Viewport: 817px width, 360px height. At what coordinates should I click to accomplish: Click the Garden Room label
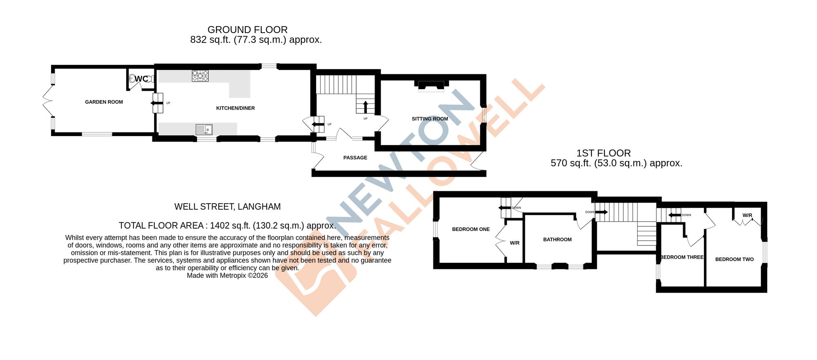pyautogui.click(x=104, y=102)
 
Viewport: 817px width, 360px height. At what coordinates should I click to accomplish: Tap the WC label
pyautogui.click(x=141, y=79)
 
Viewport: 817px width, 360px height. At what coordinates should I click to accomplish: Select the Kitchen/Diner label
pyautogui.click(x=235, y=108)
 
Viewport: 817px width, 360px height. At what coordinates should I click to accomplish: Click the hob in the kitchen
pyautogui.click(x=200, y=76)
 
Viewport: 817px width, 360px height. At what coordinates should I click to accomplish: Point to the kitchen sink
pyautogui.click(x=204, y=130)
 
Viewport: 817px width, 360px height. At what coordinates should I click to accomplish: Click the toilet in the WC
pyautogui.click(x=132, y=78)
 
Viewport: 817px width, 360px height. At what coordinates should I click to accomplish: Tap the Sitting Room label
pyautogui.click(x=430, y=119)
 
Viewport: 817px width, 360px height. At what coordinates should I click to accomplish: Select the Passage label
pyautogui.click(x=355, y=158)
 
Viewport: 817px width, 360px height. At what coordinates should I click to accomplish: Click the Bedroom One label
pyautogui.click(x=471, y=229)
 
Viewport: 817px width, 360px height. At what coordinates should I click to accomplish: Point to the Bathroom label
pyautogui.click(x=557, y=239)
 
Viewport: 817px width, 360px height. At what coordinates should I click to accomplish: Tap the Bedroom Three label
pyautogui.click(x=682, y=257)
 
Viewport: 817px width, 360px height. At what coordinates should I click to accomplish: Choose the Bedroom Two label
pyautogui.click(x=734, y=259)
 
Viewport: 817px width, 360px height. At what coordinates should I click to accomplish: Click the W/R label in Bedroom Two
pyautogui.click(x=747, y=215)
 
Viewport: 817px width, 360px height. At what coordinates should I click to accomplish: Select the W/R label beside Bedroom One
pyautogui.click(x=515, y=243)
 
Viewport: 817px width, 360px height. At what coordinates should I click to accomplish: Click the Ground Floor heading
pyautogui.click(x=248, y=30)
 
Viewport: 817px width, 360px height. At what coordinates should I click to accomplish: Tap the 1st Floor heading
pyautogui.click(x=603, y=153)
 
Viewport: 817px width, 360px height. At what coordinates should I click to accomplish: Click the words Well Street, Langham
pyautogui.click(x=228, y=207)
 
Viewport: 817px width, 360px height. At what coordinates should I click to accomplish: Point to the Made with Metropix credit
pyautogui.click(x=227, y=275)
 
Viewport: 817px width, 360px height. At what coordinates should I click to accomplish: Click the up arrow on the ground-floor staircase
pyautogui.click(x=366, y=107)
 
